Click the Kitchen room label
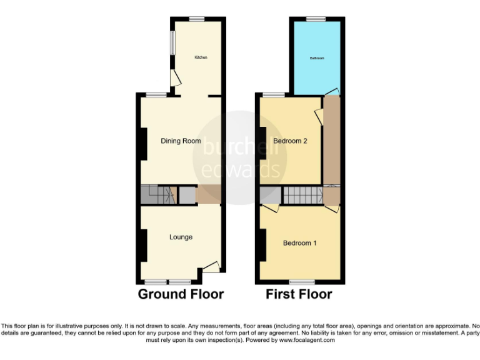201,57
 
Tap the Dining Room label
181,141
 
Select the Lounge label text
181,237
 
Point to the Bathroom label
317,59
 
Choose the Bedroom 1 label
299,243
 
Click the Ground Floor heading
181,294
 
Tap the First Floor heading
299,294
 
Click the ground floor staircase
156,196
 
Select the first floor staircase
302,196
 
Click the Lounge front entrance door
211,266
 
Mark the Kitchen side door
176,77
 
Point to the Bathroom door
332,92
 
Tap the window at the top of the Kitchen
197,19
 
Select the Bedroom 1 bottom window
301,281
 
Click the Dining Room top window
156,94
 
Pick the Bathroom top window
316,19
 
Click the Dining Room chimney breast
143,144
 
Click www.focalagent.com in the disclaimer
307,341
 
